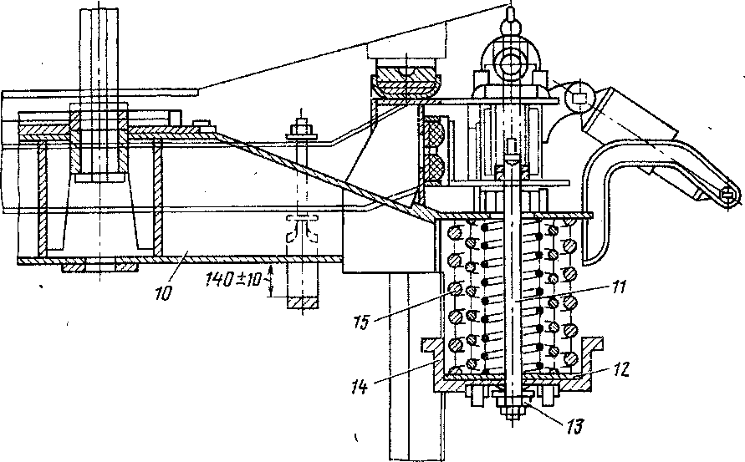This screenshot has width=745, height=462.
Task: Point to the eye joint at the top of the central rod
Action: click(507, 60)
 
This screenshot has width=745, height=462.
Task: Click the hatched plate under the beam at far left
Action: click(99, 267)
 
